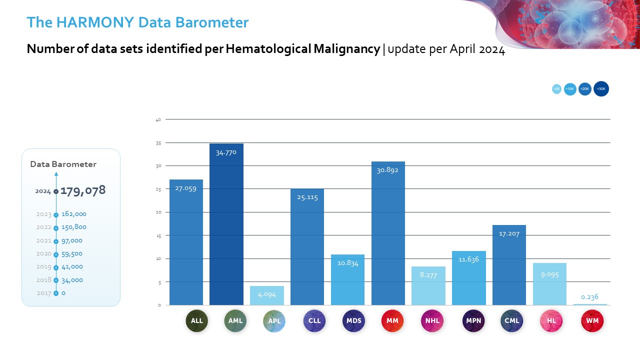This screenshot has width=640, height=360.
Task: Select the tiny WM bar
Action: [x=590, y=304]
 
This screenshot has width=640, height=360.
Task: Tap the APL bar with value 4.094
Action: [x=266, y=295]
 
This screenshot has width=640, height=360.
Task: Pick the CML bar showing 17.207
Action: [x=509, y=265]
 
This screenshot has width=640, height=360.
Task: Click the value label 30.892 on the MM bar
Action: [x=387, y=170]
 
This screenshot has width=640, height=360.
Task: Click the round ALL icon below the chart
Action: [x=197, y=321]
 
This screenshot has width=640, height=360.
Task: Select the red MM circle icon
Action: [x=392, y=321]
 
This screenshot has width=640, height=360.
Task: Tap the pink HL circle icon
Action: [x=551, y=321]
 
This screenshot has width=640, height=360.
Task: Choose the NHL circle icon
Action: [x=432, y=321]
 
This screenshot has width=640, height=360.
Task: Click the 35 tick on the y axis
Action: [x=158, y=143]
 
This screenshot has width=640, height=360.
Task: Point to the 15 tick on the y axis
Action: [x=158, y=235]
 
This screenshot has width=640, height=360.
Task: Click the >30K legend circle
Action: [x=601, y=89]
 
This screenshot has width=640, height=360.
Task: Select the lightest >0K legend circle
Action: [x=556, y=89]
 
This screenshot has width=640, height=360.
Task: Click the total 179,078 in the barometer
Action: [x=83, y=190]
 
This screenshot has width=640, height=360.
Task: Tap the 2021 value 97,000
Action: [x=72, y=240]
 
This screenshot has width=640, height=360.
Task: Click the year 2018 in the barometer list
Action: [x=44, y=280]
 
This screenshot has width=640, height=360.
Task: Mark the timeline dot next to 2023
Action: [x=56, y=214]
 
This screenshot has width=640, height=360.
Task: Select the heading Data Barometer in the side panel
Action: [x=63, y=164]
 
